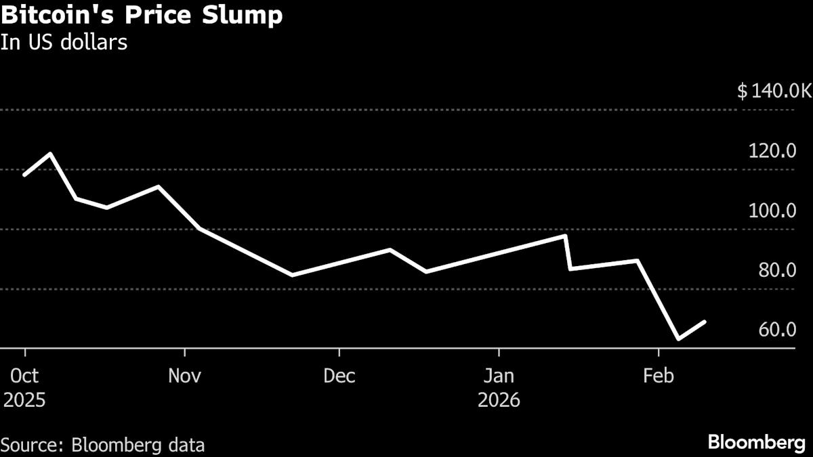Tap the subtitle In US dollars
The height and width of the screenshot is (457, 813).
click(64, 42)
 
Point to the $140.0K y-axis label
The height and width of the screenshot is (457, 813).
click(774, 91)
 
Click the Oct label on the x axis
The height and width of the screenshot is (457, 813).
click(24, 376)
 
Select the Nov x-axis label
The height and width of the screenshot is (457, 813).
click(184, 376)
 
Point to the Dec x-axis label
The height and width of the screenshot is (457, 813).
click(339, 376)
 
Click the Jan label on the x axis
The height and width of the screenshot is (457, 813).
click(499, 376)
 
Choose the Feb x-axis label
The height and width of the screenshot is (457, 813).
click(658, 376)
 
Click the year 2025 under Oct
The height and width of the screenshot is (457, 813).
click(24, 400)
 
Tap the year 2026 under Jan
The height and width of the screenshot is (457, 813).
click(499, 400)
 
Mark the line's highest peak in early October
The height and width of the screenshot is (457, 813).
click(50, 154)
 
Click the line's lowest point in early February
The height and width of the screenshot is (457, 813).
click(678, 339)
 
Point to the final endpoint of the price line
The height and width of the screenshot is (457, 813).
click(706, 322)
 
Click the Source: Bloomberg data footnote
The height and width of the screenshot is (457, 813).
click(103, 445)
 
